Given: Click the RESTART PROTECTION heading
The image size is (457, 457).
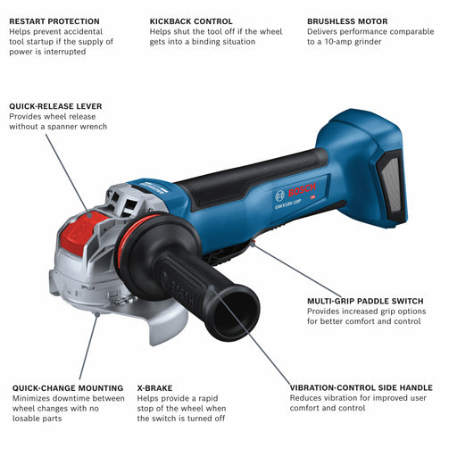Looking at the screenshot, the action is tap(54, 21).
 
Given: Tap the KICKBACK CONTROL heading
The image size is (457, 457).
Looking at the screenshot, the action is tap(191, 21).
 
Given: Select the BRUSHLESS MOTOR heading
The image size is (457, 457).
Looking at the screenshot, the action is tap(347, 21).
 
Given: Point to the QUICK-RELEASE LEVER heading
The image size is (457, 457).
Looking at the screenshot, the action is tap(55, 106).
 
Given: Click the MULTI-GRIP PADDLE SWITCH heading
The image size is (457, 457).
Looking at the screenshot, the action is tap(365, 301).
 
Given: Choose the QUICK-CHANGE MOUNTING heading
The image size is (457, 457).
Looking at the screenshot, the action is tap(68, 388).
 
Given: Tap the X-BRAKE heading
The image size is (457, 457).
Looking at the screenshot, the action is tap(154, 388).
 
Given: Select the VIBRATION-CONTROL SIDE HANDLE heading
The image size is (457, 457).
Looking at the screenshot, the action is tap(361, 388).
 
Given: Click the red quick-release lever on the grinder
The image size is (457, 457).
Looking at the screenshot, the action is tap(81, 232).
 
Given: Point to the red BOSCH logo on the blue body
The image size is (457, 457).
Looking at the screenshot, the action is tap(302, 190).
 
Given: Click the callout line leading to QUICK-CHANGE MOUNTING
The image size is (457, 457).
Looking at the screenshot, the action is tap(88, 346).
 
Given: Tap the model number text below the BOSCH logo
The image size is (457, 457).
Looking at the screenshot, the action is tap(288, 204).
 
